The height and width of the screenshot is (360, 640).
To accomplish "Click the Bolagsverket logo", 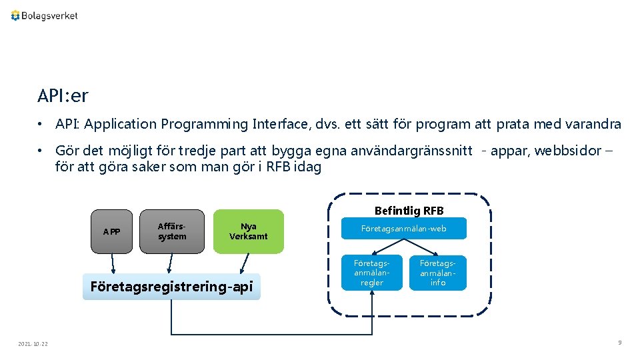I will (x=44, y=15).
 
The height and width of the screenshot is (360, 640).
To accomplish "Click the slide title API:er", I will (x=63, y=97).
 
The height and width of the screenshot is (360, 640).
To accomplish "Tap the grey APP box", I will (x=112, y=231).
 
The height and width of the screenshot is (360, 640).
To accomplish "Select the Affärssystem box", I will (x=172, y=231).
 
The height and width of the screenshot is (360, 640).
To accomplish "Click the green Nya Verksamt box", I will (x=248, y=231).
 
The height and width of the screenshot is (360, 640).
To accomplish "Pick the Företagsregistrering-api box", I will (x=171, y=287).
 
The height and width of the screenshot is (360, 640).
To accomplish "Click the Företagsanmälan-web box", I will (x=404, y=229).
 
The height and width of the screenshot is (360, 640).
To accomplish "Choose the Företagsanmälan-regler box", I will (x=372, y=273).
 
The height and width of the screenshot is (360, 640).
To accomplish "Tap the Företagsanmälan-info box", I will (x=438, y=273).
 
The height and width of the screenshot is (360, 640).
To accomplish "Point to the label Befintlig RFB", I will (x=409, y=211).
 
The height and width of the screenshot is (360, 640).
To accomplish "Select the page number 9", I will (x=619, y=343).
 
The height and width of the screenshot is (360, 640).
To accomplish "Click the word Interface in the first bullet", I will (x=281, y=124).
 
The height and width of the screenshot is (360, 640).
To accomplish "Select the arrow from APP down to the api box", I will (x=113, y=264).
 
